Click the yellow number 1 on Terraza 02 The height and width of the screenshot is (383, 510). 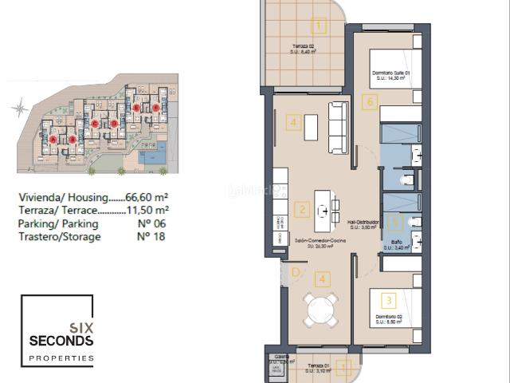[320, 24]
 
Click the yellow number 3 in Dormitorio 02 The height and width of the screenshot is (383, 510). [389, 300]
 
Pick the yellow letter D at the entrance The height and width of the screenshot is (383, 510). [295, 273]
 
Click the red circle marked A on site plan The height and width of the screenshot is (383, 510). [53, 139]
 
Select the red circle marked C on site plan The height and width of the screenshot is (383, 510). [95, 123]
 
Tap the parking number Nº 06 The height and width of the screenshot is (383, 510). [145, 223]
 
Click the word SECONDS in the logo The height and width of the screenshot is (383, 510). [61, 341]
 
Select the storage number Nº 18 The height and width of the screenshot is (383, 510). [145, 236]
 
